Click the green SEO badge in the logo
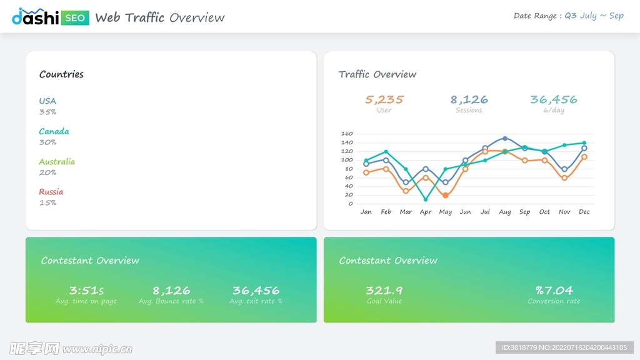click(x=76, y=17)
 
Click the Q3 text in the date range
click(x=571, y=16)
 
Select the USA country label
click(x=47, y=101)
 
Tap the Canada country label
click(x=54, y=131)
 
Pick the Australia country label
click(x=56, y=161)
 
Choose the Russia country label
click(x=51, y=192)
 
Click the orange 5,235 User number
click(x=384, y=99)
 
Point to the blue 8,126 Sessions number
click(x=469, y=99)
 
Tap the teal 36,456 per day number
click(x=553, y=99)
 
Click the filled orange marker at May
click(x=445, y=196)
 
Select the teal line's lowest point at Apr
click(x=426, y=199)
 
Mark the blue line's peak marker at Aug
click(x=505, y=138)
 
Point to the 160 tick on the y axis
click(x=347, y=134)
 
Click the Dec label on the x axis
click(x=584, y=212)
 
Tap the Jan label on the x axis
click(x=366, y=212)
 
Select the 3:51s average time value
click(x=86, y=291)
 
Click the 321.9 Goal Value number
click(x=384, y=291)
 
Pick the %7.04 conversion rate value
click(x=554, y=291)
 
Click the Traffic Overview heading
click(x=377, y=74)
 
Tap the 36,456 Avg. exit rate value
click(x=256, y=291)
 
